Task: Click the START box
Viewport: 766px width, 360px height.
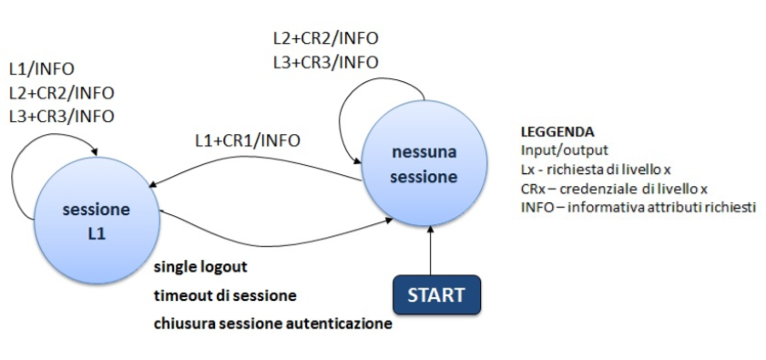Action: pos(435,295)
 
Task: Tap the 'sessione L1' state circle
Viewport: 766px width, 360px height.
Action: pos(96,221)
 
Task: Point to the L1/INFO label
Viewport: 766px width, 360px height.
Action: pos(41,69)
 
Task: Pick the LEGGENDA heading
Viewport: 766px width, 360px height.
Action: pos(557,131)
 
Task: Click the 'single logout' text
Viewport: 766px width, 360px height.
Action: pos(200,268)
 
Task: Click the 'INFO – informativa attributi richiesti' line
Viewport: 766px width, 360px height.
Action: pos(638,207)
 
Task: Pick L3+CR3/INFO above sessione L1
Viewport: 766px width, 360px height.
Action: pos(61,116)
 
